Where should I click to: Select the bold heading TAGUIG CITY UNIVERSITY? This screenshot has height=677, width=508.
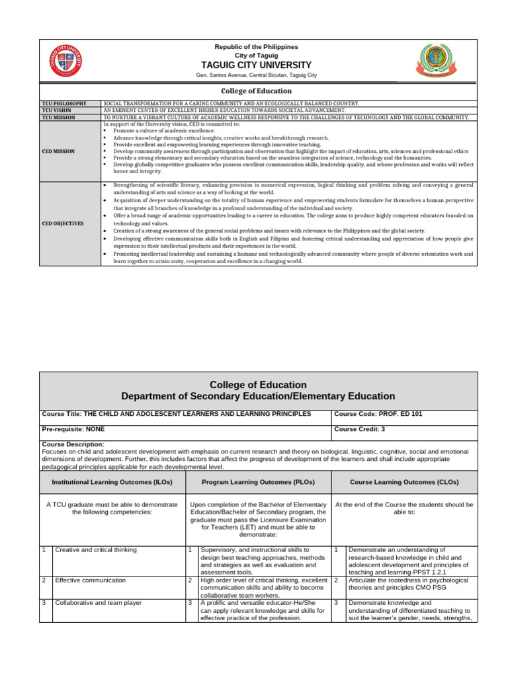[x=257, y=65]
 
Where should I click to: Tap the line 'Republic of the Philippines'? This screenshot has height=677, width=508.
[x=257, y=47]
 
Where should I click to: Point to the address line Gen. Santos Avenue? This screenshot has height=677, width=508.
[x=257, y=75]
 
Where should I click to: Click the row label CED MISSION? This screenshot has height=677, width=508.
[x=58, y=151]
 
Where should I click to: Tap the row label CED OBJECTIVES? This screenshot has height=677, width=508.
[x=63, y=223]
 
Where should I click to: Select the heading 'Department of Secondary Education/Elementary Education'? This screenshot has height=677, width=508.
[x=258, y=396]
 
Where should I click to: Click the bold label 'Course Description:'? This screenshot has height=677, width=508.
[x=73, y=444]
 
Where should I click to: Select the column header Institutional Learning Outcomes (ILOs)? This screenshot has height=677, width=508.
[x=112, y=482]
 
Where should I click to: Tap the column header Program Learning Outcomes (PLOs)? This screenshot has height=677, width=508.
[x=256, y=482]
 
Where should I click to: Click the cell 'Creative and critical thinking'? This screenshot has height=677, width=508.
[x=96, y=549]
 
